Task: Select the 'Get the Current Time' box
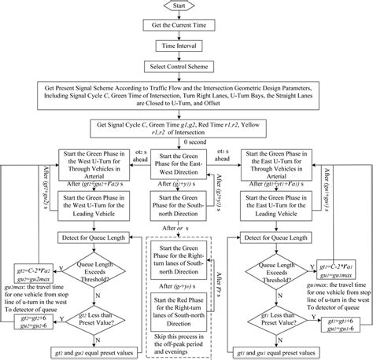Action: [x=186, y=28]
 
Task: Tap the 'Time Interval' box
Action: [x=186, y=47]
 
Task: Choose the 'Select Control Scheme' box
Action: [x=186, y=68]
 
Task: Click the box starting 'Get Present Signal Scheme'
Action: [x=186, y=98]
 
